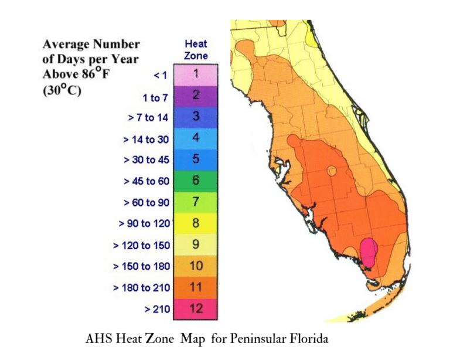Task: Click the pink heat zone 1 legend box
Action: (196, 74)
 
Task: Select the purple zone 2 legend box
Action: (196, 96)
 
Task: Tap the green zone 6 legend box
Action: (196, 181)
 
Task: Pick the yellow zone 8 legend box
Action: (196, 223)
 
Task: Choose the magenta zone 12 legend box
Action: (196, 308)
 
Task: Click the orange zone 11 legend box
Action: (196, 287)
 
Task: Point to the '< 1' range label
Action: (159, 75)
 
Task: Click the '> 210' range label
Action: (157, 308)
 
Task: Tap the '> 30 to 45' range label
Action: (145, 160)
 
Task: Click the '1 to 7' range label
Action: (155, 97)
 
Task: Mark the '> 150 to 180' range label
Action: (141, 266)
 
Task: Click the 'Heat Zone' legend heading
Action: (196, 50)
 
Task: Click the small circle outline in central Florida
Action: (332, 172)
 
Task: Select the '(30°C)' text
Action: (62, 91)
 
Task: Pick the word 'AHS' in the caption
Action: (97, 339)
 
